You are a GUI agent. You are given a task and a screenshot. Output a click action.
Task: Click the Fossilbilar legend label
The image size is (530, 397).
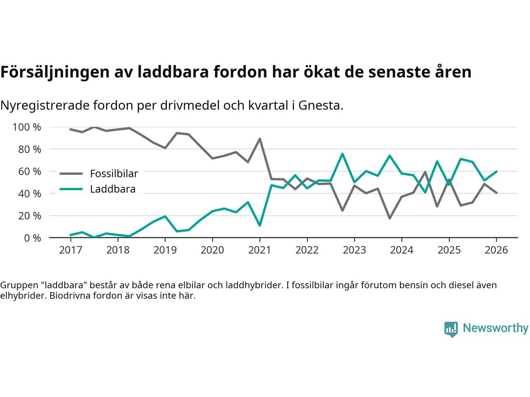pos(114,174)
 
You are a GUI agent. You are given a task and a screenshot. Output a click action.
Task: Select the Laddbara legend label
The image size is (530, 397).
pos(113,189)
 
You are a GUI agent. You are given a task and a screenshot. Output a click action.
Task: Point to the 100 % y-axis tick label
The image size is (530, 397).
pos(27,127)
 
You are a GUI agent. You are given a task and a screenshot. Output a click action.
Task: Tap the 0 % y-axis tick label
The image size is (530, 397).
pos(32,238)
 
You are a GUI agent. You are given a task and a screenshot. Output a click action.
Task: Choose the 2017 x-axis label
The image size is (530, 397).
pos(70,250)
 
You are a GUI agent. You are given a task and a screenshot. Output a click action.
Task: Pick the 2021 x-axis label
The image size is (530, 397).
pos(260,250)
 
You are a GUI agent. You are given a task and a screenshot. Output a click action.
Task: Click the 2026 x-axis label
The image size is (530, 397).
pos(496,250)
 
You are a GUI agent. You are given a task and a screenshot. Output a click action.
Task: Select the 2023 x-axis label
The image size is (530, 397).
pos(354,250)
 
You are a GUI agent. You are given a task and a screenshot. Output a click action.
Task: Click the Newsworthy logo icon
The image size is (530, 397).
pos(451,329)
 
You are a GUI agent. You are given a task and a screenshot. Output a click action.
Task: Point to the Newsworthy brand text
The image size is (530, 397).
pos(496,328)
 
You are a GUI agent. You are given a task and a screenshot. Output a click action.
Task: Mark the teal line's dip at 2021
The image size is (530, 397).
pos(260,225)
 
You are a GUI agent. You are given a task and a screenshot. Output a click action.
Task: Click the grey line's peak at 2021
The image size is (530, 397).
pos(260,139)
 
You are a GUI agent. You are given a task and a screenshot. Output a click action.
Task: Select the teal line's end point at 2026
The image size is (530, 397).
pos(496,171)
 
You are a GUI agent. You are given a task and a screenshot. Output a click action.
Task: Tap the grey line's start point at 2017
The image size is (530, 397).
pos(70,129)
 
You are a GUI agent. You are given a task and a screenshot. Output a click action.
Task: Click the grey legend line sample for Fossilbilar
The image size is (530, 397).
pos(71,174)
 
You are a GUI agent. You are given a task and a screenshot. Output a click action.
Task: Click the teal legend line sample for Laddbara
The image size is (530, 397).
pos(71,189)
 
